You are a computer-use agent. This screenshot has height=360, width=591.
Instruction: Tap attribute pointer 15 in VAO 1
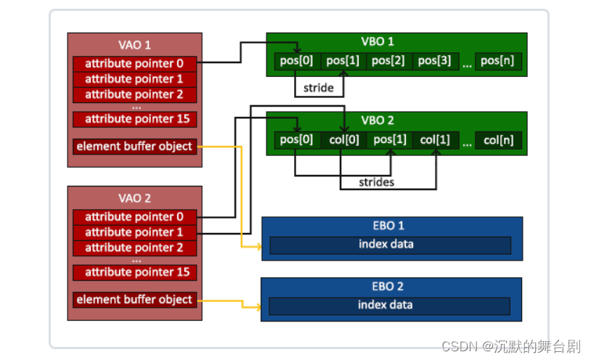(134, 119)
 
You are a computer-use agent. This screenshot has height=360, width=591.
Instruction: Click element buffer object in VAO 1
(134, 147)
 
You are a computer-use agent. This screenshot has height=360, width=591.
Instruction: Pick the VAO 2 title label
(134, 197)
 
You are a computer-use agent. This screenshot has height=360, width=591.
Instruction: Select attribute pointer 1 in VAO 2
(134, 232)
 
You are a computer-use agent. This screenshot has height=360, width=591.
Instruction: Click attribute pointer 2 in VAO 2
(134, 248)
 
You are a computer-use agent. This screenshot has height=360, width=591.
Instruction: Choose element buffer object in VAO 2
(134, 300)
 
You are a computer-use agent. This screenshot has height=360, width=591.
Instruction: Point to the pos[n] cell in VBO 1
(498, 61)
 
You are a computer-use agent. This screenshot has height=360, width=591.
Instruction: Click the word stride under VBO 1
(319, 88)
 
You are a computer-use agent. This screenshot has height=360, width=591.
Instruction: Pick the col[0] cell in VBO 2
(343, 140)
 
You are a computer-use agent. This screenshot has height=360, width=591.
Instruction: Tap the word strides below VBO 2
(377, 182)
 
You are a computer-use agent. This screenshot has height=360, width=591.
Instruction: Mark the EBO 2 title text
(391, 286)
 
